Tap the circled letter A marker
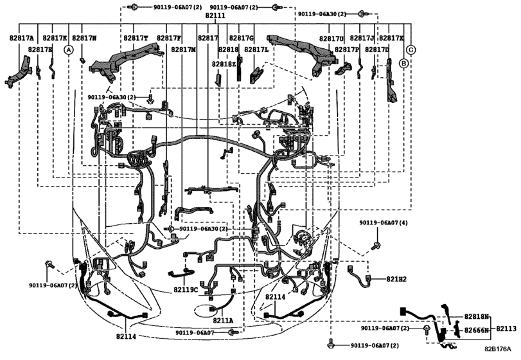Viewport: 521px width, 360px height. coord(69,50)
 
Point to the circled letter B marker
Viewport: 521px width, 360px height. coord(403,63)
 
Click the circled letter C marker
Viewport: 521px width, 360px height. coord(411,50)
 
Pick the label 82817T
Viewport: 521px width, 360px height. coord(136,38)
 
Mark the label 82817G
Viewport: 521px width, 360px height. coord(242,38)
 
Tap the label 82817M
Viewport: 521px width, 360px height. coord(184,50)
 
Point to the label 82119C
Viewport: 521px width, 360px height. coord(186,290)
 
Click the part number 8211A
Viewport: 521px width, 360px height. coord(223,319)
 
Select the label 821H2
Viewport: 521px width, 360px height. coord(397,279)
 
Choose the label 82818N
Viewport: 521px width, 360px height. coord(477,317)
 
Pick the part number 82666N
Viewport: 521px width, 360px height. coord(477,329)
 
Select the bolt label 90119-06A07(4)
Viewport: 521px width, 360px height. coord(384,222)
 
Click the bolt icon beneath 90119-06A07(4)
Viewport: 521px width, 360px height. coord(376,244)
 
